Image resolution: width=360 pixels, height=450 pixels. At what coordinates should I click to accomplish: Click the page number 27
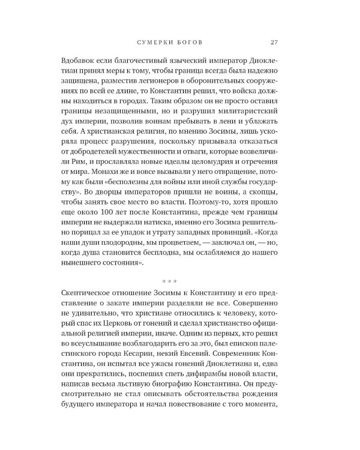(x=272, y=42)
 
